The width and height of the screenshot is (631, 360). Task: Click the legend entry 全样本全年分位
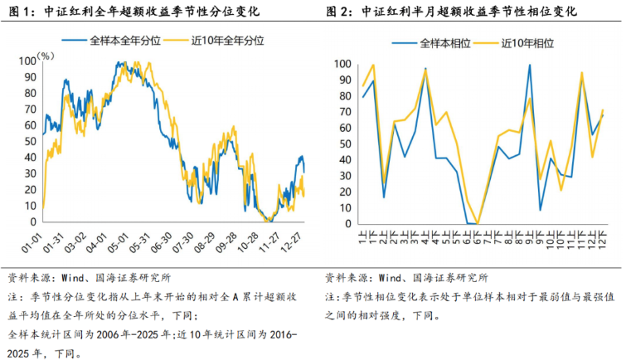click(111, 41)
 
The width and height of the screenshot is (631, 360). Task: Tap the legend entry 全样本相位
click(431, 43)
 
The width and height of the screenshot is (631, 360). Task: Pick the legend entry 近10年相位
click(514, 43)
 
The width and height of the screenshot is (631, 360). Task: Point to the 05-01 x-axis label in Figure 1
click(118, 243)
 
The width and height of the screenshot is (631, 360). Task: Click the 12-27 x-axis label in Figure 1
click(291, 243)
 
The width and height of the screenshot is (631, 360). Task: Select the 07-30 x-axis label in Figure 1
click(183, 243)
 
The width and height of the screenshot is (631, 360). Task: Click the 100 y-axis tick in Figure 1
click(27, 61)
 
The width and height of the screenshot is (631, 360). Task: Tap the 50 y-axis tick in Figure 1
click(31, 141)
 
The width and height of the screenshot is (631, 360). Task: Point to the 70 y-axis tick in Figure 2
click(345, 112)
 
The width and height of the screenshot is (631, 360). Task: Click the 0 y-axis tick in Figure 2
click(348, 224)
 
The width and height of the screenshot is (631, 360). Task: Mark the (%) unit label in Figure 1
click(46, 56)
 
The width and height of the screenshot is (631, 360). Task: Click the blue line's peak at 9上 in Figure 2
click(530, 65)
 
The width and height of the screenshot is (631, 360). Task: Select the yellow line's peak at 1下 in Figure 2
click(373, 65)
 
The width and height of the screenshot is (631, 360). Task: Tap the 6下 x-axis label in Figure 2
click(478, 236)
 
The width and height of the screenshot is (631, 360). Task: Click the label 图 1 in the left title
click(20, 12)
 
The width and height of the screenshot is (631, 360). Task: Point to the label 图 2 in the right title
click(337, 12)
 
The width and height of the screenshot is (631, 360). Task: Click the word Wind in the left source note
click(72, 278)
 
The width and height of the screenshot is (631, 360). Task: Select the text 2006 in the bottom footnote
click(108, 335)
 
